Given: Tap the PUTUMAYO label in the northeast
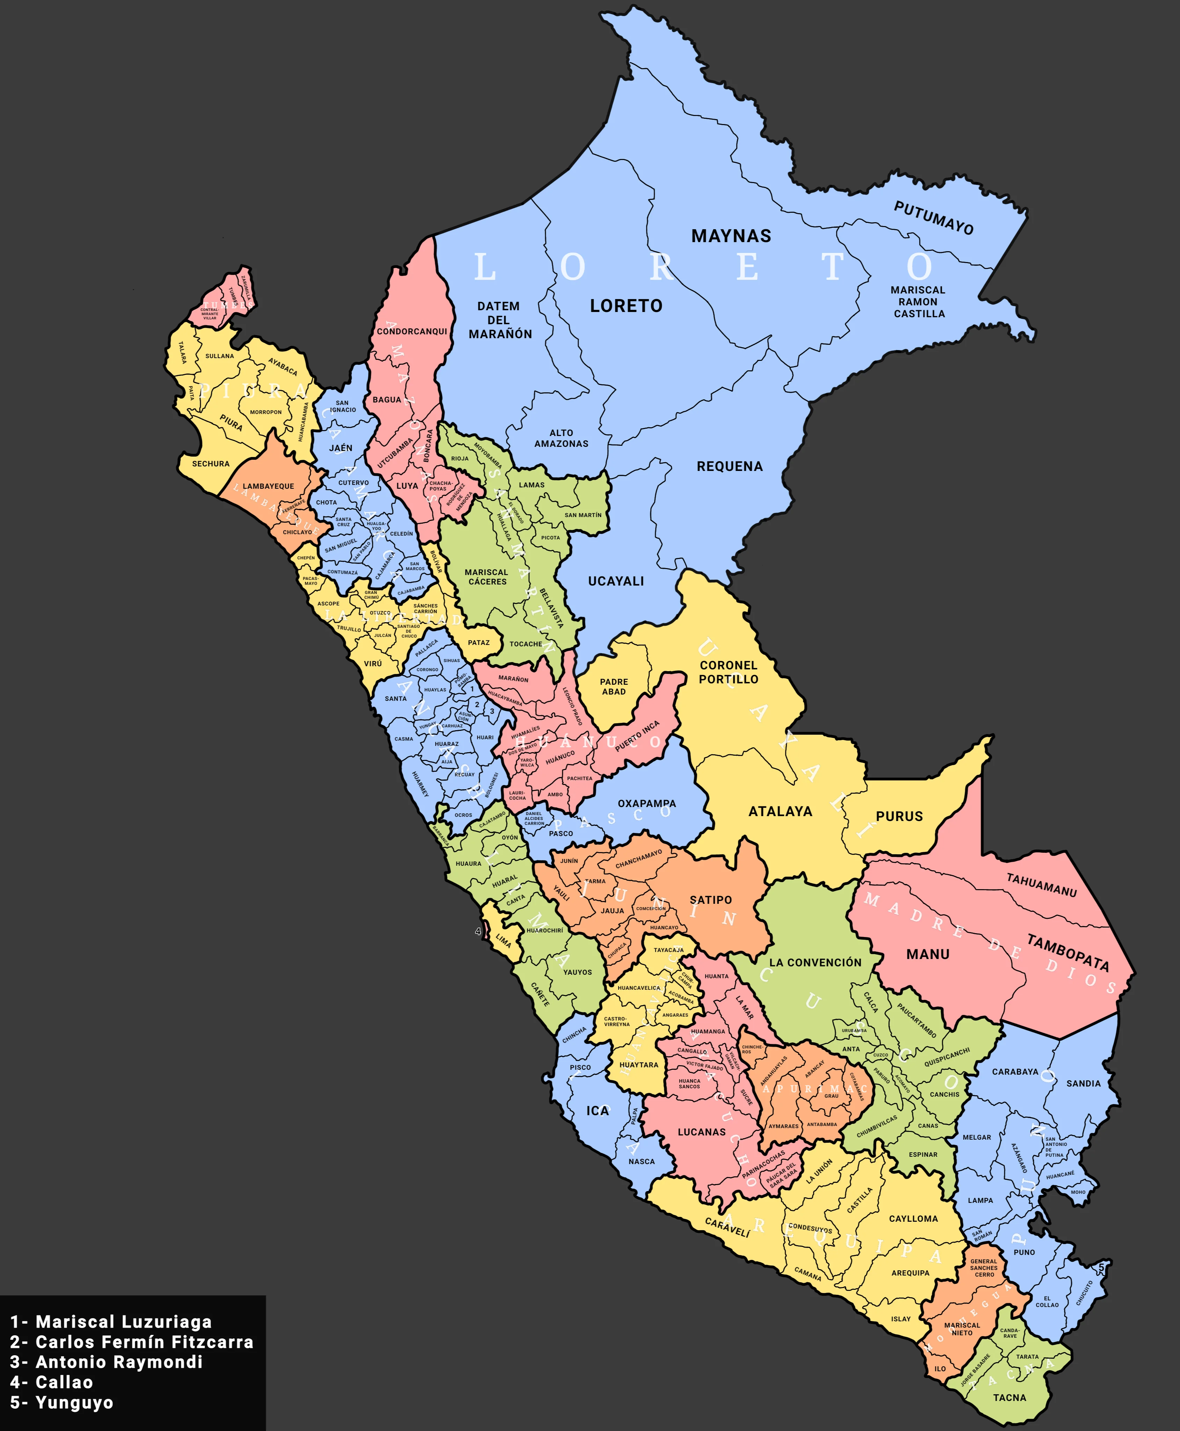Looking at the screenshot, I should [933, 218].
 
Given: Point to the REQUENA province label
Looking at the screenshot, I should [730, 466].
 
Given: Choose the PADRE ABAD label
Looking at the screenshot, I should [614, 686].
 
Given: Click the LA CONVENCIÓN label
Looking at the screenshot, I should [815, 963].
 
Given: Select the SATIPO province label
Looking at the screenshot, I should [710, 900].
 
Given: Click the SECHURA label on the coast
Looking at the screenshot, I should [211, 464].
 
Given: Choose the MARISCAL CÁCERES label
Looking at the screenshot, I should [487, 577].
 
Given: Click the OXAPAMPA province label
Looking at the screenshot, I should [646, 803].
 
